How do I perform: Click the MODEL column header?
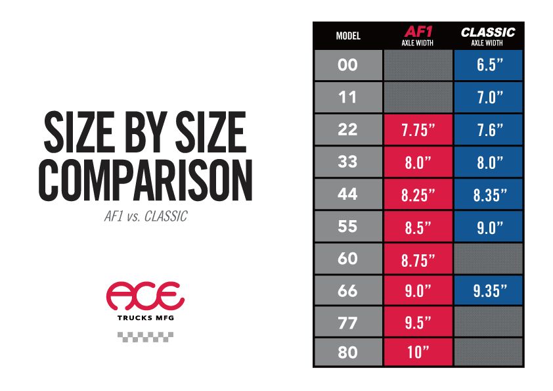pyautogui.click(x=347, y=35)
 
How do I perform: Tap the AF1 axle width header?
pyautogui.click(x=418, y=35)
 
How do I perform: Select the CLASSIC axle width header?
pyautogui.click(x=488, y=35)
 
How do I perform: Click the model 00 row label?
pyautogui.click(x=347, y=65)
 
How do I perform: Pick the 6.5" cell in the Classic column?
pyautogui.click(x=488, y=65)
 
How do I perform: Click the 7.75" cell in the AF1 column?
pyautogui.click(x=418, y=129)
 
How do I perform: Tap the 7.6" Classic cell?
pyautogui.click(x=488, y=129)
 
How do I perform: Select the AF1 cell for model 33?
pyautogui.click(x=418, y=162)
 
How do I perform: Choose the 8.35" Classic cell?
pyautogui.click(x=488, y=194)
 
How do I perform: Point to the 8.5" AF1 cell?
pyautogui.click(x=418, y=226)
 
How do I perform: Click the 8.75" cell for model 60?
pyautogui.click(x=418, y=258)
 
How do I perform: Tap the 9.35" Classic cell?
pyautogui.click(x=488, y=290)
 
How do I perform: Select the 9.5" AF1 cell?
pyautogui.click(x=418, y=323)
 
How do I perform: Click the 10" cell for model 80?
pyautogui.click(x=418, y=353)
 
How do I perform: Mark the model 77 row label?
pyautogui.click(x=347, y=323)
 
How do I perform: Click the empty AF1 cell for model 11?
pyautogui.click(x=418, y=97)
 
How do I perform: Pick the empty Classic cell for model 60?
pyautogui.click(x=488, y=258)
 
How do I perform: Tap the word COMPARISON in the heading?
pyautogui.click(x=146, y=177)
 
